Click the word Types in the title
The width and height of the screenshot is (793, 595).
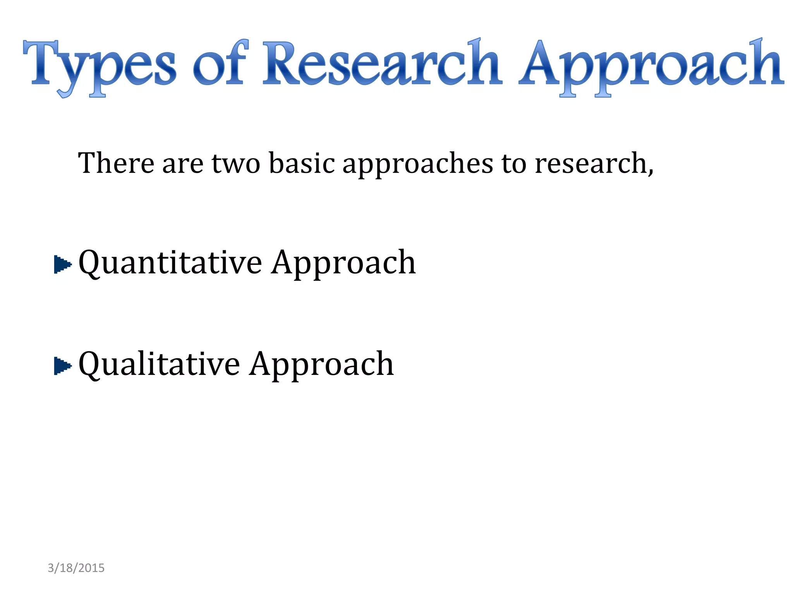100,66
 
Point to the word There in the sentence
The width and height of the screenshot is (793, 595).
116,163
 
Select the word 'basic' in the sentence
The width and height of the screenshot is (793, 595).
302,163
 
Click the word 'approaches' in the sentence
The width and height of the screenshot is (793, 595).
418,165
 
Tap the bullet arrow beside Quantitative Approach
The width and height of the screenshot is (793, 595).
62,265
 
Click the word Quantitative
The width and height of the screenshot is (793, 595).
170,263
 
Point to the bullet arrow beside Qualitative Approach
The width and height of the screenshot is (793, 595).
62,365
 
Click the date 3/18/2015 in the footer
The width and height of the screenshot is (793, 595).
76,568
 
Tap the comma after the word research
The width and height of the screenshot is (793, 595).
651,170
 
